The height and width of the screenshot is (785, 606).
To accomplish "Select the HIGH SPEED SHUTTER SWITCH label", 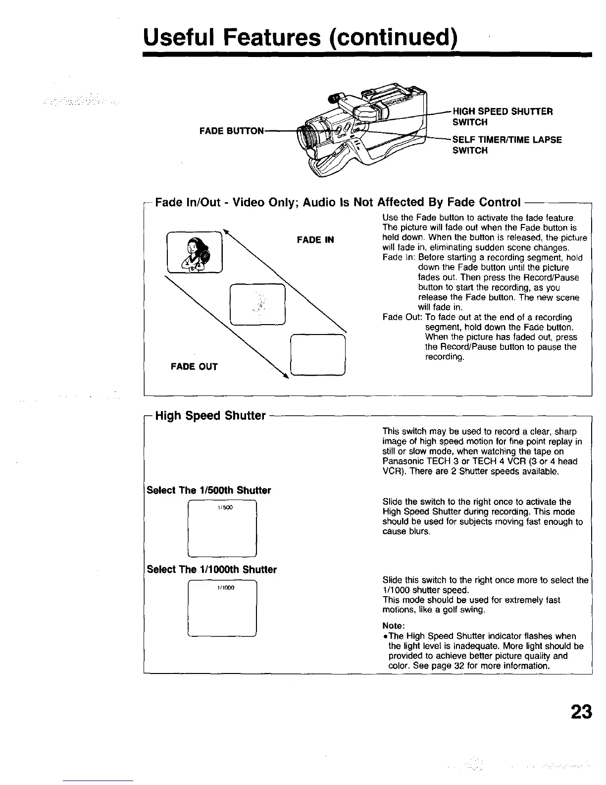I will point(503,116).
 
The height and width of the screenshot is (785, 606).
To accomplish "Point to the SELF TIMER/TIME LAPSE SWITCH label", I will point(506,145).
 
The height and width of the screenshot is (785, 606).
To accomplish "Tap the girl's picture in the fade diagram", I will point(195,252).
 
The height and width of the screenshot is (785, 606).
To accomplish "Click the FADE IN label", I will point(315,240).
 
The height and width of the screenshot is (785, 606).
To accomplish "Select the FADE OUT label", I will point(194,367).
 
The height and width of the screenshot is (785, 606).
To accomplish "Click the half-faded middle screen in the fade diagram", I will point(258,304).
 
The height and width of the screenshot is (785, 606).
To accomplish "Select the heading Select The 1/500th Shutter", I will point(209,490).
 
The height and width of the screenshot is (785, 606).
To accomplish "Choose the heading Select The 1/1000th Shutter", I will point(212,569).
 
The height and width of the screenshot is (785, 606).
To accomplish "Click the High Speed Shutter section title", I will point(210,415).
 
